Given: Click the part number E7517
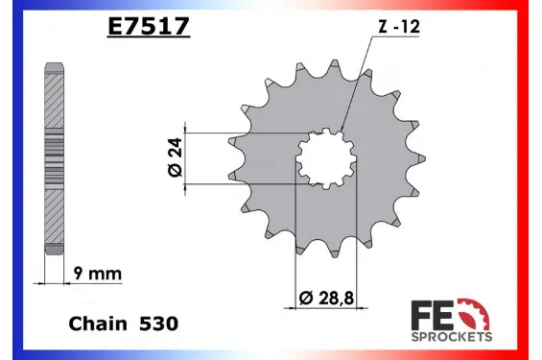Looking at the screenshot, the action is tap(149, 26).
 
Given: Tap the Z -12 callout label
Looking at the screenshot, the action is tap(399, 27).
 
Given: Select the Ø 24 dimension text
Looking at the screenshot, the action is tap(176, 157).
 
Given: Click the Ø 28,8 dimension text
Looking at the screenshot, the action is tap(326, 298).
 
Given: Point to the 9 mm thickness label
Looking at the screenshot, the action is tap(98, 274).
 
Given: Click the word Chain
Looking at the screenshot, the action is tap(98, 324).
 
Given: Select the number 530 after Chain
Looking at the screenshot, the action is tap(158, 324).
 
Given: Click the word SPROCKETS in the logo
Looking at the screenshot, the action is tap(452, 337).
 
